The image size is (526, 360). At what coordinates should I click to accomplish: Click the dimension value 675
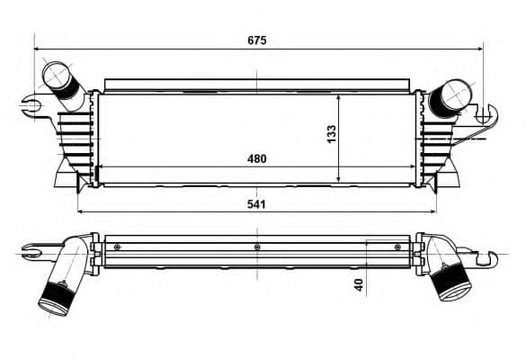258,40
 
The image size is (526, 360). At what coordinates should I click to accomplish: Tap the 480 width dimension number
257,158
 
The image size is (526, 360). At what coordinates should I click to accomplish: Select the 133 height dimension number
332,133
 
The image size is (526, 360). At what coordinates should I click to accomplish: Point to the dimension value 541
257,204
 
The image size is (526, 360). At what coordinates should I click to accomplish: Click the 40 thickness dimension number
359,284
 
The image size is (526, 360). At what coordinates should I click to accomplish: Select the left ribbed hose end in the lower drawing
56,296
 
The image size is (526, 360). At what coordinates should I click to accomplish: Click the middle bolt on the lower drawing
257,247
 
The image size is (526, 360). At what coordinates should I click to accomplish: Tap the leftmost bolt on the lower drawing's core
116,247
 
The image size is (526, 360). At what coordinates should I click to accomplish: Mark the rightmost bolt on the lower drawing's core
397,247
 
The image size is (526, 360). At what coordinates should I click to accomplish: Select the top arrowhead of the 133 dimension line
338,94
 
